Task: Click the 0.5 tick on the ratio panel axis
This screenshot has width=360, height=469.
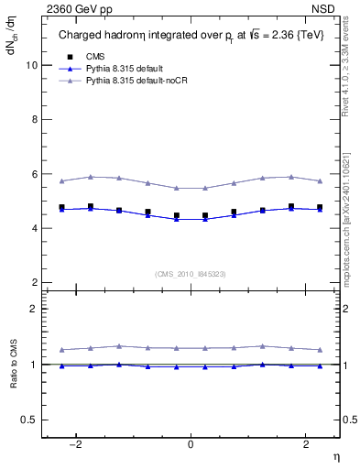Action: (x=29, y=420)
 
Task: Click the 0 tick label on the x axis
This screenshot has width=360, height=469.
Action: (x=191, y=444)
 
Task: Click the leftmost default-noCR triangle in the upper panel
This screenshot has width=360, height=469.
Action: (x=61, y=180)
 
